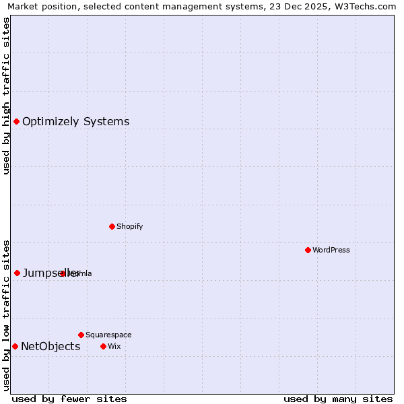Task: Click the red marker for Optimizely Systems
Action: click(x=17, y=122)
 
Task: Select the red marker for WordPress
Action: click(x=308, y=250)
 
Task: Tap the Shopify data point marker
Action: click(x=112, y=226)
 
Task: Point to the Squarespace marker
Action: click(x=81, y=335)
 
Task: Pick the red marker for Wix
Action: click(x=103, y=346)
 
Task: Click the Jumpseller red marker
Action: click(x=18, y=273)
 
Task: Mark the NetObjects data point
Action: click(x=15, y=346)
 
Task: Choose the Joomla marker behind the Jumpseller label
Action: click(x=63, y=273)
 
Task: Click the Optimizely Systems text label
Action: click(x=75, y=122)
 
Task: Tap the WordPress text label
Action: click(x=331, y=250)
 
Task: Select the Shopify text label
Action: click(x=129, y=226)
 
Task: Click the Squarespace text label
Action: click(x=108, y=335)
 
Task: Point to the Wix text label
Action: click(x=114, y=346)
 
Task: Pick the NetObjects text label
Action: click(x=50, y=347)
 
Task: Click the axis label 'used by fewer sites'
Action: click(x=69, y=399)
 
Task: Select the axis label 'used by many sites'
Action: click(x=338, y=399)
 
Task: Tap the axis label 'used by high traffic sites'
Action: click(x=7, y=96)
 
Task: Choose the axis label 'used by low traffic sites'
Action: click(x=7, y=315)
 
